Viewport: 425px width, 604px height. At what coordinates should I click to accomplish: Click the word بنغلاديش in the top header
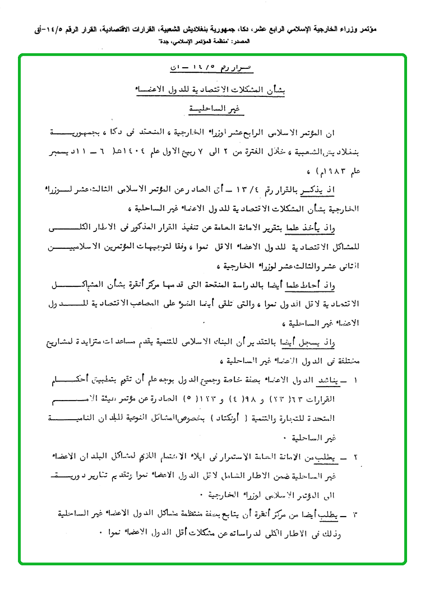coord(202,26)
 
